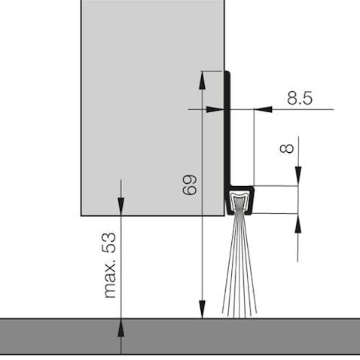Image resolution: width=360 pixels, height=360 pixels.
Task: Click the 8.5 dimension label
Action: point(300,98)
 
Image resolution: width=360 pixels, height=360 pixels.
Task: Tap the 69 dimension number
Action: point(190,185)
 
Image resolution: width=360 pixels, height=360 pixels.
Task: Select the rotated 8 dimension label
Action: point(286,148)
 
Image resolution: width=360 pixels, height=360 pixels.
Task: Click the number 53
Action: point(109,243)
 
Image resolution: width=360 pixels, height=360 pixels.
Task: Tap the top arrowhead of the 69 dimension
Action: point(202,81)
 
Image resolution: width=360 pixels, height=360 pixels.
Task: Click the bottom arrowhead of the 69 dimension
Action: point(202,310)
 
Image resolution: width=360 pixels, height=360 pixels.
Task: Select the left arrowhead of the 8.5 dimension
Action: point(215,109)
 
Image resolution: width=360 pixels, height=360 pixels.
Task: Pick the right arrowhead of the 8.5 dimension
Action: point(263,109)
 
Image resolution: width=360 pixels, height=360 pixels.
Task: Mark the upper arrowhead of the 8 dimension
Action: point(298,176)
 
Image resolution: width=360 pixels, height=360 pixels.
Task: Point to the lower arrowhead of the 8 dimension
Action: point(298,224)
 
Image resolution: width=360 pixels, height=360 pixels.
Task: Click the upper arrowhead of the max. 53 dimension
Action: point(121,206)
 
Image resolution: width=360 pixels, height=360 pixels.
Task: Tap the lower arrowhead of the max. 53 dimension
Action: point(121,328)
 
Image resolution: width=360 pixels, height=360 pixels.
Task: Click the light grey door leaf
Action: point(153,108)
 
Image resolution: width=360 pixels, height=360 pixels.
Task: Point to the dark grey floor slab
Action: point(180,337)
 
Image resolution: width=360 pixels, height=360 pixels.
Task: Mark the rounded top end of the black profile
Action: point(227,72)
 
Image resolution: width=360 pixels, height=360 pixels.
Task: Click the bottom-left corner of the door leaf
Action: point(81,215)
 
